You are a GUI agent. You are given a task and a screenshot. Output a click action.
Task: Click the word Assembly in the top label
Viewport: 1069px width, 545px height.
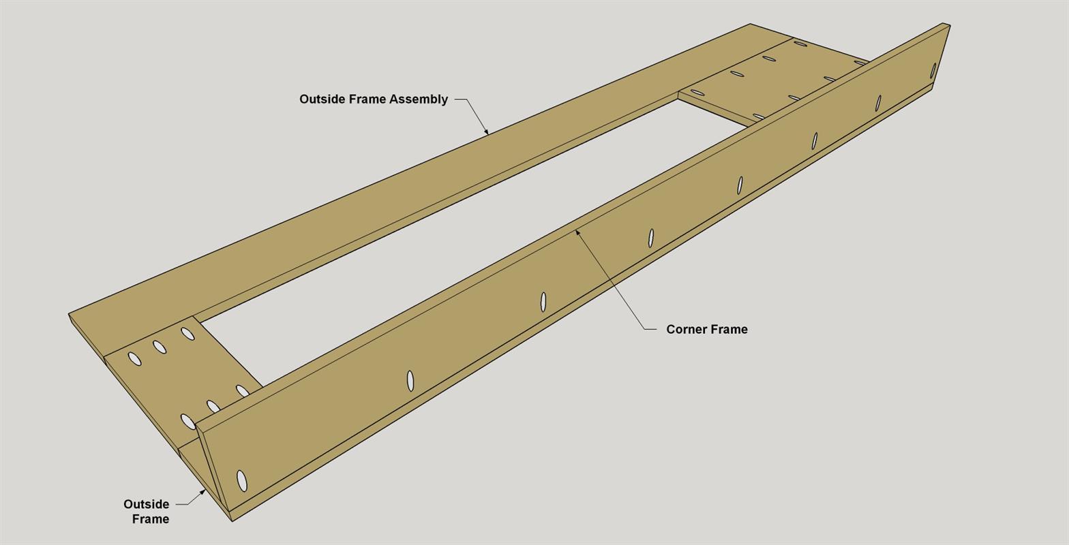(419, 99)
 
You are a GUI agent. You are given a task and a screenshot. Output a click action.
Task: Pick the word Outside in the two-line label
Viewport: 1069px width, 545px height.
(146, 504)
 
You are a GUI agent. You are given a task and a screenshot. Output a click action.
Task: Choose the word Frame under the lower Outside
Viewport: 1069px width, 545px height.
(150, 519)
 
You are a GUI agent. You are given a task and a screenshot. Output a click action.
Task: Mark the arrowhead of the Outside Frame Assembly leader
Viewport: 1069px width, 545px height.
(486, 131)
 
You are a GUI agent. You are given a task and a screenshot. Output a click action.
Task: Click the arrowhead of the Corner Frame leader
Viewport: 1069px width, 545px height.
(577, 233)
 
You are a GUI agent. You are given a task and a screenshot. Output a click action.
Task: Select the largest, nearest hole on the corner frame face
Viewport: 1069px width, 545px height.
(242, 481)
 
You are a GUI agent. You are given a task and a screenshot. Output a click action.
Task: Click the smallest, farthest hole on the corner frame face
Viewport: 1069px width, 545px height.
(933, 71)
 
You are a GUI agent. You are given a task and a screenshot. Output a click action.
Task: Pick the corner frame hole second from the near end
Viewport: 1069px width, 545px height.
(410, 381)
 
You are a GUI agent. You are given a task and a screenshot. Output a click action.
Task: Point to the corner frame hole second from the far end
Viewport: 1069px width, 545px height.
(877, 103)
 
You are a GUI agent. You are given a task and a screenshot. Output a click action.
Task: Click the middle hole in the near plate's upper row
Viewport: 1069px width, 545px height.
(160, 347)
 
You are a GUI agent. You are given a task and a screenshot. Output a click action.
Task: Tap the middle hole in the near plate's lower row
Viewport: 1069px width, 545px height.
(213, 406)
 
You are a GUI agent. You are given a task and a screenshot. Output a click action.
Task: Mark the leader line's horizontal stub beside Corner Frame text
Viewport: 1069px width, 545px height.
(650, 329)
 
